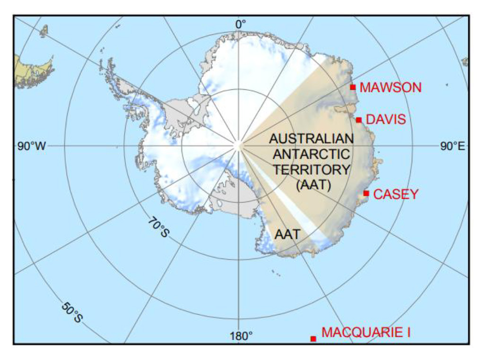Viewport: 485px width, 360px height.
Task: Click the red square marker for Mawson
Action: [353, 87]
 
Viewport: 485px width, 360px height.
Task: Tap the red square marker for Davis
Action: [359, 120]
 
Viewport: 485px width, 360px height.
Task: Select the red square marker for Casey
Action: [366, 193]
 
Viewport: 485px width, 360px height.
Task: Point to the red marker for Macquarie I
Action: [313, 339]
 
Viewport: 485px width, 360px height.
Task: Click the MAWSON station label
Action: [390, 87]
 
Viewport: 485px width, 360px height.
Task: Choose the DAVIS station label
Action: [386, 120]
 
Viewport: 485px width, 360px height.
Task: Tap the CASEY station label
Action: [396, 194]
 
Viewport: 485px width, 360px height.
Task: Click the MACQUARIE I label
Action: [366, 333]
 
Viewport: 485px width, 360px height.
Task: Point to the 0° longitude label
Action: [241, 24]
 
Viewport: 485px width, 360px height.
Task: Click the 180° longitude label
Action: [241, 336]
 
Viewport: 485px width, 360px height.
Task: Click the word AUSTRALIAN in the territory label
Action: [311, 138]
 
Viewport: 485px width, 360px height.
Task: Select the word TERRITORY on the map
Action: [312, 170]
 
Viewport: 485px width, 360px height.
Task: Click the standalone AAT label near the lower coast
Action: [287, 234]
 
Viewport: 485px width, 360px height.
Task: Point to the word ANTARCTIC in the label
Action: [311, 154]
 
